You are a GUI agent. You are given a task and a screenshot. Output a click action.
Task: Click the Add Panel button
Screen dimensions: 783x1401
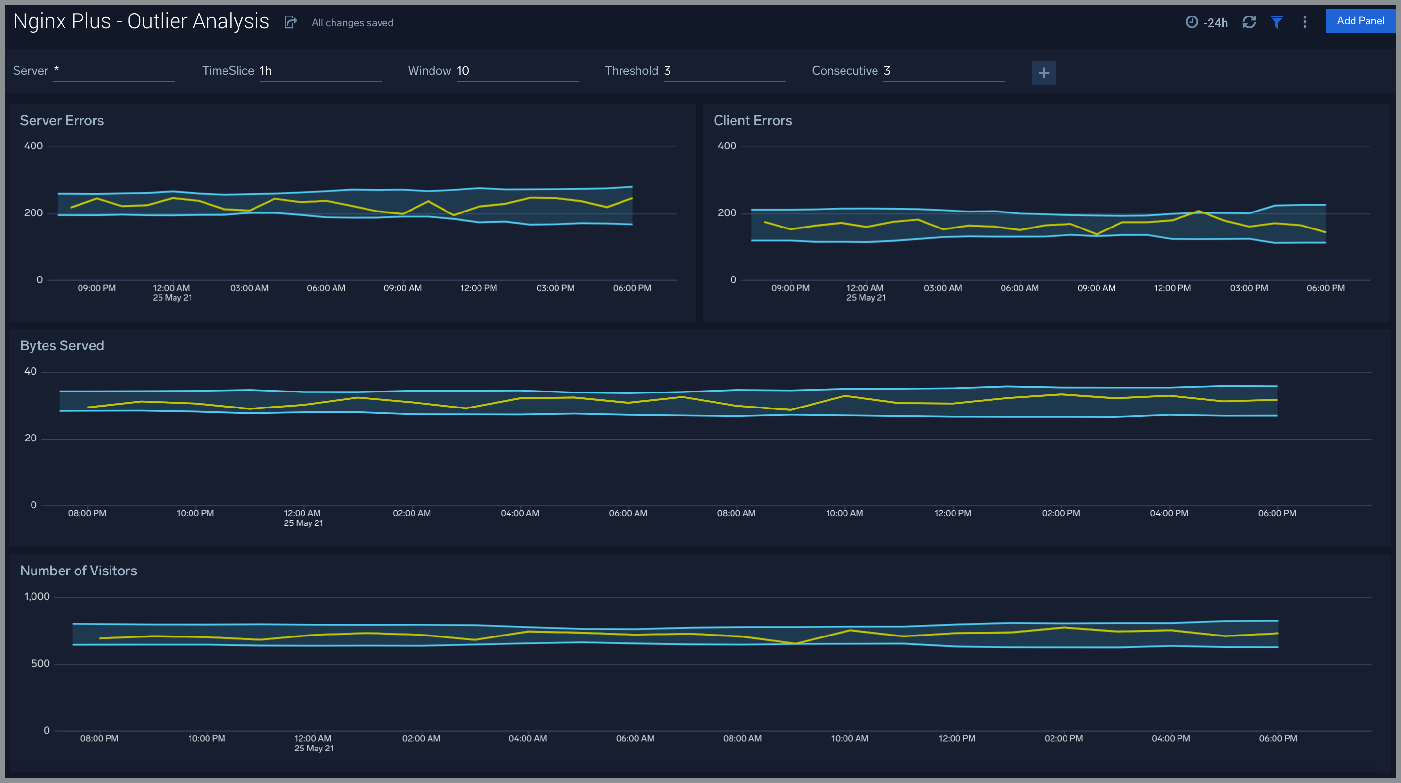1360,21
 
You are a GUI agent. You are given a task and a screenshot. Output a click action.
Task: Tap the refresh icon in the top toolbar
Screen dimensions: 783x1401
1249,22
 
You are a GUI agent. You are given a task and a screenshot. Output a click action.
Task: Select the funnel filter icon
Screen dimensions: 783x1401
1276,22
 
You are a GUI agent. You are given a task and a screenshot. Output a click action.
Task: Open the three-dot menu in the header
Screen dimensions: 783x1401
1305,22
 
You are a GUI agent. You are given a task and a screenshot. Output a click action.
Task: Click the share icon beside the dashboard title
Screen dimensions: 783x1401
290,22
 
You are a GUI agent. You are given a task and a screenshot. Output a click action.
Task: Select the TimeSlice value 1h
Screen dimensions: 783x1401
265,71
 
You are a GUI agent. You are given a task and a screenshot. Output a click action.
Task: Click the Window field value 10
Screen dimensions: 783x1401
463,71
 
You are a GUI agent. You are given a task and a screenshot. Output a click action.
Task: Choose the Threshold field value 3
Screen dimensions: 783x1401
668,71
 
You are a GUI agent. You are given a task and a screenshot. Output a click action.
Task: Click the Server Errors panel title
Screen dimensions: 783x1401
62,121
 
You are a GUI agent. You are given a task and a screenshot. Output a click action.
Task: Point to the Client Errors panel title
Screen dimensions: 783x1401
752,121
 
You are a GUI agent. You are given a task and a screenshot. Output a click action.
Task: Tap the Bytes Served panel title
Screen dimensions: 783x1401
62,346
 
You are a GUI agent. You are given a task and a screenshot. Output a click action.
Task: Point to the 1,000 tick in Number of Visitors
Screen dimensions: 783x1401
37,597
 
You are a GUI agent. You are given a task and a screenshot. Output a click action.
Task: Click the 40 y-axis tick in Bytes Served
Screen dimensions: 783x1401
31,372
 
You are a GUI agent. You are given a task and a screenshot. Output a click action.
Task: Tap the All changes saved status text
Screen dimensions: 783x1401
352,23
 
